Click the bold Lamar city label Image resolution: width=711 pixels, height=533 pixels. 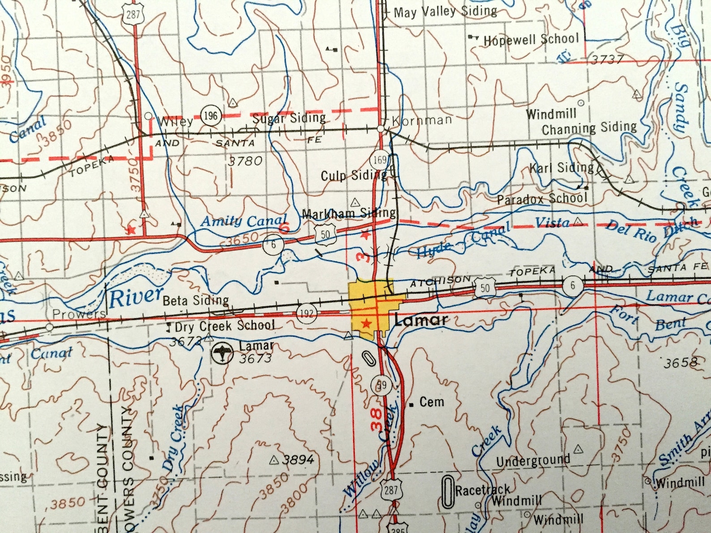pos(421,320)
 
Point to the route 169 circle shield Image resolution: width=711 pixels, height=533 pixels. pos(380,160)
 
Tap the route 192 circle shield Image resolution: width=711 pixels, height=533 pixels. pos(307,312)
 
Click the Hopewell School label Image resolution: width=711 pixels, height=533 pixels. pos(531,39)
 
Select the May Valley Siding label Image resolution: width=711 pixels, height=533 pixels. pos(445,12)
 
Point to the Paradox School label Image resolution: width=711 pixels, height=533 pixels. pos(542,199)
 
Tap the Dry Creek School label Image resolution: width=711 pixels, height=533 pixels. pos(225,326)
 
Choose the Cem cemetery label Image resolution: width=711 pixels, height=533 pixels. pos(432,402)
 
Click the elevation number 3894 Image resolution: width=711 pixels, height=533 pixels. pos(298,459)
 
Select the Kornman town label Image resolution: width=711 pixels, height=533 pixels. pos(421,120)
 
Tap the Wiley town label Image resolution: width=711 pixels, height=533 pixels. pos(176,121)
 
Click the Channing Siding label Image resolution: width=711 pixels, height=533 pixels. pos(589,128)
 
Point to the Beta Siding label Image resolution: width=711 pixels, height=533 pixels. pos(196,300)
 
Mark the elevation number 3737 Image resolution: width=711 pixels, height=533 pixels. pos(608,60)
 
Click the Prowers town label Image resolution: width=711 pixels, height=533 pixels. pos(79,314)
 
